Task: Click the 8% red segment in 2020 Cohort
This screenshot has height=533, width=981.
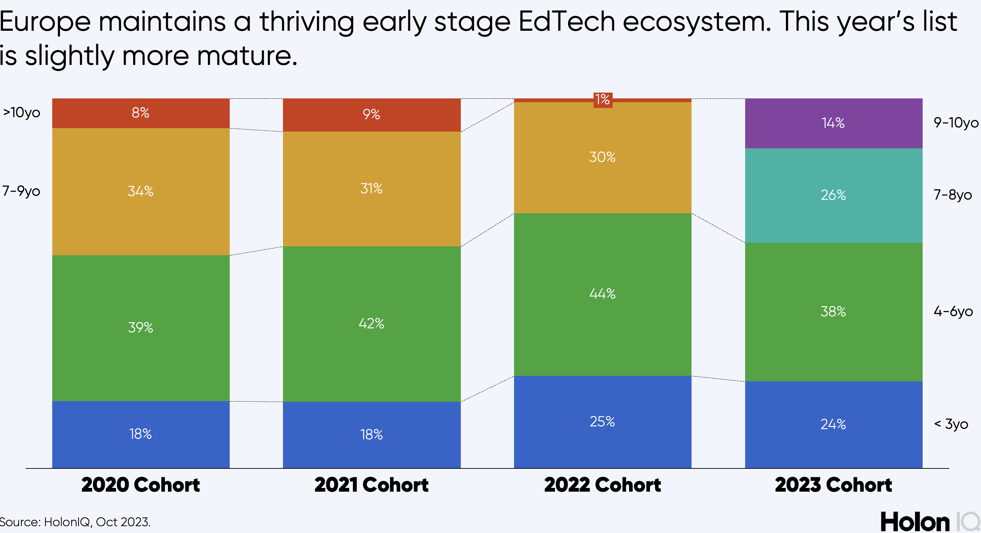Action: click(141, 113)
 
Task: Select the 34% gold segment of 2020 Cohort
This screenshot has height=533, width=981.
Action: click(141, 191)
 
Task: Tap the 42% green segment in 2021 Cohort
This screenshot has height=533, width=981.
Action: click(371, 323)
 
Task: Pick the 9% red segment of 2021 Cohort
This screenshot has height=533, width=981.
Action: click(371, 114)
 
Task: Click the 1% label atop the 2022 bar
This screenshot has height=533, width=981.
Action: click(602, 100)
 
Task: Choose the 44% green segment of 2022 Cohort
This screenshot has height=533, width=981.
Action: click(602, 293)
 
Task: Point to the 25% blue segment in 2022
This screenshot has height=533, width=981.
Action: click(602, 421)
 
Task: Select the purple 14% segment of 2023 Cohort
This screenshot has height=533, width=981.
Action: click(833, 123)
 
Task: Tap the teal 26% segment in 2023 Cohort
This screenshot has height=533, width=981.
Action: click(833, 195)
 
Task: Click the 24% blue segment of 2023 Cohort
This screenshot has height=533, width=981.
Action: click(833, 424)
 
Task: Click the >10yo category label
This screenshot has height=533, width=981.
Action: click(22, 112)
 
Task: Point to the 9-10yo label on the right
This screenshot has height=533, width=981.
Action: click(955, 122)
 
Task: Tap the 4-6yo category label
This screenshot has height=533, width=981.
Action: click(953, 312)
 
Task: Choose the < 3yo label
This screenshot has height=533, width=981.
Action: click(951, 424)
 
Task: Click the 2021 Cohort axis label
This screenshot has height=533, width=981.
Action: click(371, 485)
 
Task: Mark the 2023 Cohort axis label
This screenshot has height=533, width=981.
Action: click(833, 485)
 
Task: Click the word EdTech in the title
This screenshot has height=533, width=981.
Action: click(567, 22)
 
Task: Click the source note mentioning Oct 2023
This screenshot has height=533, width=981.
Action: click(75, 522)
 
